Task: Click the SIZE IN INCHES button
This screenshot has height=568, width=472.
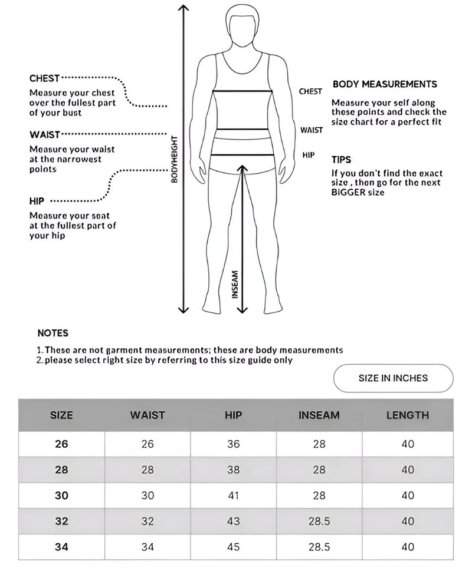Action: (393, 378)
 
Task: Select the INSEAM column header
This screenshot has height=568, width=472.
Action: (319, 415)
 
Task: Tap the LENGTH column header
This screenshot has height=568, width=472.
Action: (408, 415)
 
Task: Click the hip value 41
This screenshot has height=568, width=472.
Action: (234, 496)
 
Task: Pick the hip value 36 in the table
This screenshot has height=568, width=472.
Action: (234, 444)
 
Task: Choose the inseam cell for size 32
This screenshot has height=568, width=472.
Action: (319, 521)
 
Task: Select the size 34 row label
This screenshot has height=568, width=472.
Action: (61, 547)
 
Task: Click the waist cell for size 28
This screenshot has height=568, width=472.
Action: (147, 470)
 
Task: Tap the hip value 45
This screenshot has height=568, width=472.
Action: (234, 547)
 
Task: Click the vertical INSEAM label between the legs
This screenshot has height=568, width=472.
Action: (234, 284)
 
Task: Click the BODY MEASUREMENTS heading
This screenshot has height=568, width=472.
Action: (385, 84)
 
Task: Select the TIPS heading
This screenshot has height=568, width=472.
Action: (341, 160)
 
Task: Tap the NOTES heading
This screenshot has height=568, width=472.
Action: (53, 333)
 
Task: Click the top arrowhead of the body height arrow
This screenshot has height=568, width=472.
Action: (183, 8)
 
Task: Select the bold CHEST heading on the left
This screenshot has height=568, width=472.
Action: (44, 78)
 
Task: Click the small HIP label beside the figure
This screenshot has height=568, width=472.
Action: (308, 155)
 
